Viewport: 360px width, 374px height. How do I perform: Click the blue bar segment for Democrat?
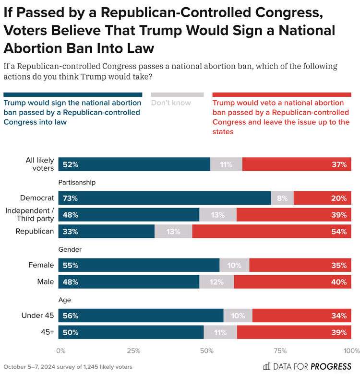coord(164,198)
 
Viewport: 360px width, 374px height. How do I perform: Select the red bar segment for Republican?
coord(272,232)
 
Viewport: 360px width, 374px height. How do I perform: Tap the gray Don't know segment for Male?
coord(216,282)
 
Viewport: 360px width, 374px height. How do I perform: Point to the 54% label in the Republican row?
coord(338,232)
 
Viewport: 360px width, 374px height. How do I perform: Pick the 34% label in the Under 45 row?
coord(338,316)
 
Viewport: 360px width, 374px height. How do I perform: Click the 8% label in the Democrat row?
coord(282,198)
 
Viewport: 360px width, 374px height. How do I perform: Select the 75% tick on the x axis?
coord(280,351)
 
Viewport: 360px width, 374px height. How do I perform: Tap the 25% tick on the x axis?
coord(134,351)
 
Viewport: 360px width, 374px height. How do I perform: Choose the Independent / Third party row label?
coord(30,215)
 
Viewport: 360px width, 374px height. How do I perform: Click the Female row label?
coord(42,265)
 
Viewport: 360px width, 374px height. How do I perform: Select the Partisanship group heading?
coord(77,182)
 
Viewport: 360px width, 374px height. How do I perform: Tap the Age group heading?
coord(65,300)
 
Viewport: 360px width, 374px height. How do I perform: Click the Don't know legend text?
coord(171,103)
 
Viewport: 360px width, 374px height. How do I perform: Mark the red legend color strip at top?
coord(281,95)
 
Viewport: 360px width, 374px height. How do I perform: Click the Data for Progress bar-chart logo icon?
coord(267,367)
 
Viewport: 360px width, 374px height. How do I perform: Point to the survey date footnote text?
coord(67,367)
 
